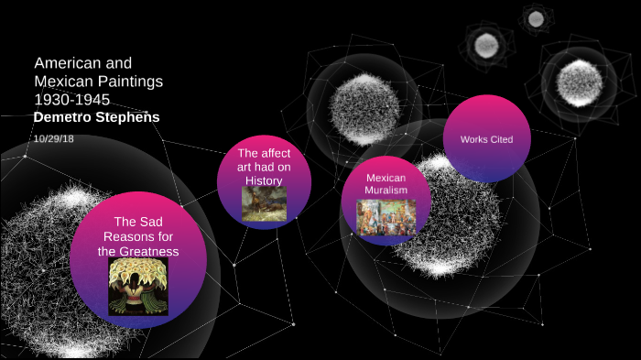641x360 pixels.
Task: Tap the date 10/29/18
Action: pos(52,137)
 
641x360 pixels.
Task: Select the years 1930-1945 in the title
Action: pos(72,98)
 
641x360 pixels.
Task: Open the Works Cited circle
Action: pos(485,138)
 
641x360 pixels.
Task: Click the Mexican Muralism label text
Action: pos(386,184)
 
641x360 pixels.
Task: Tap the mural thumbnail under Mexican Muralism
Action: pos(386,218)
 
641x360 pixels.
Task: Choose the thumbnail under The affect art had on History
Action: pos(264,204)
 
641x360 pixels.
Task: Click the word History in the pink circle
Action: pos(264,180)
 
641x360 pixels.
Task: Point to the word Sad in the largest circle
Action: pos(150,223)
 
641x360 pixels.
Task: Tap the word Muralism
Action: pos(386,191)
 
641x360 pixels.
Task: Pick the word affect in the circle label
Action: pos(278,153)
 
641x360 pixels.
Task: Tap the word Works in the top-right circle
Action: pos(473,139)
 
